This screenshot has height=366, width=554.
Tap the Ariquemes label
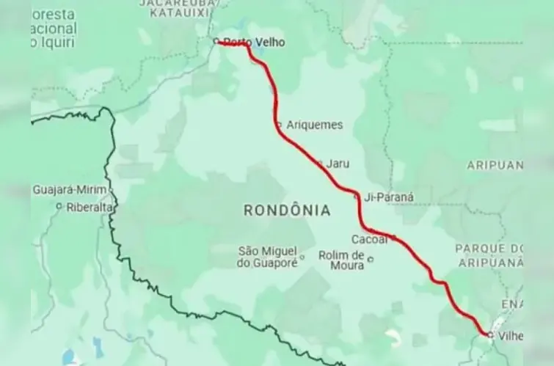tap(315, 125)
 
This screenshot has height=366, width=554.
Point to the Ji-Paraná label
tap(394, 197)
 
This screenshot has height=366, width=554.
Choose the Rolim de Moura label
tap(341, 260)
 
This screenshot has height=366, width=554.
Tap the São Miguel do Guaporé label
tap(267, 257)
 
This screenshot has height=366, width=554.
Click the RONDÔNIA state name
tap(286, 211)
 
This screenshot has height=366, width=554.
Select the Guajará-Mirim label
tap(70, 189)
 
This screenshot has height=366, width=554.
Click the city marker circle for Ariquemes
tap(279, 125)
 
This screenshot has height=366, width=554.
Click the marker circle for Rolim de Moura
tap(371, 258)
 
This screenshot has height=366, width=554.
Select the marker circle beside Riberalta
tap(59, 207)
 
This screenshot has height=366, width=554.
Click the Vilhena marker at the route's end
tap(489, 334)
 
